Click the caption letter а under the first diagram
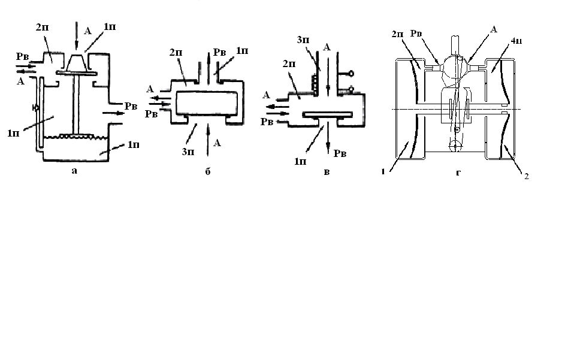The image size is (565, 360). [x=74, y=170]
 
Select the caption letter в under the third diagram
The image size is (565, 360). [x=326, y=173]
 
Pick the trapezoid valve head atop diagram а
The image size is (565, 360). [x=77, y=62]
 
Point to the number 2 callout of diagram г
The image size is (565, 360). [x=526, y=177]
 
